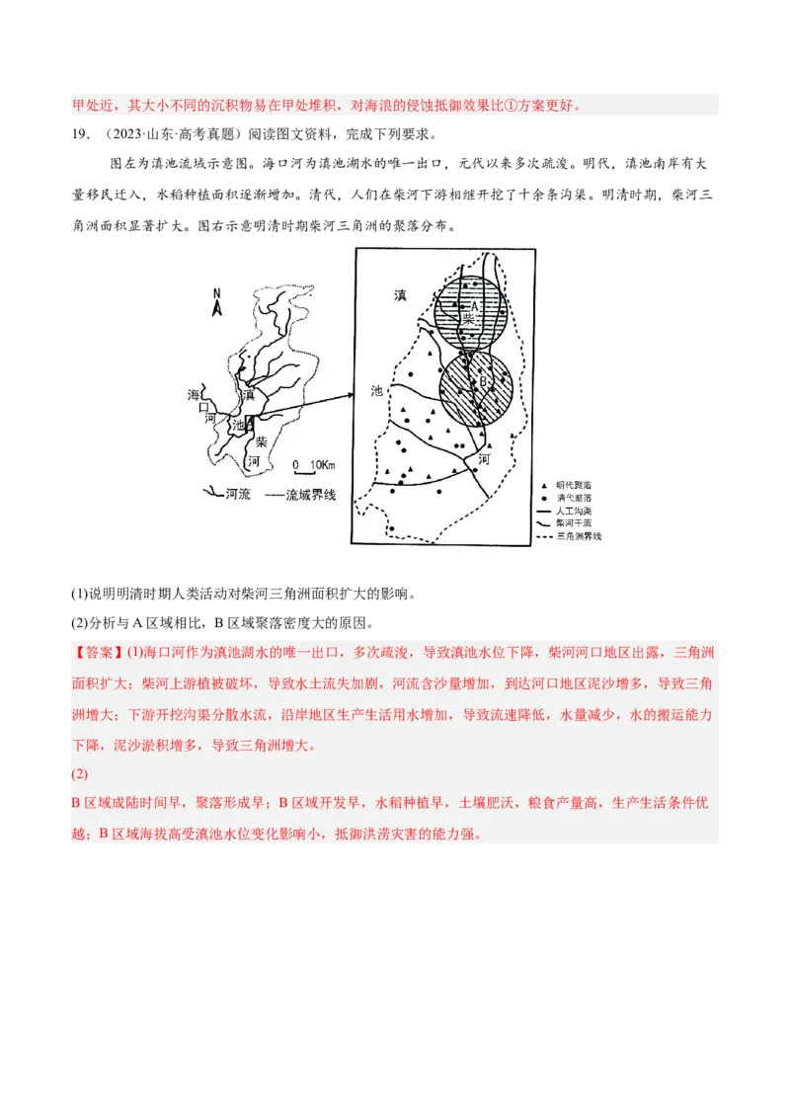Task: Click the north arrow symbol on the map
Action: point(217,302)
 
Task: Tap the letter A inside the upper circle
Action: point(474,307)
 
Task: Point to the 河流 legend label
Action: point(237,494)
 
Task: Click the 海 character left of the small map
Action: point(194,395)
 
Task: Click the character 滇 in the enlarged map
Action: point(400,295)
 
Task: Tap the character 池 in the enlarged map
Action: point(376,390)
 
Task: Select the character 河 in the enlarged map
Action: point(484,459)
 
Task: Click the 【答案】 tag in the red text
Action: point(99,653)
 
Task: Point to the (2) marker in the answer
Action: point(80,775)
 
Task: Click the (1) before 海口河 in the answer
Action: point(135,653)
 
